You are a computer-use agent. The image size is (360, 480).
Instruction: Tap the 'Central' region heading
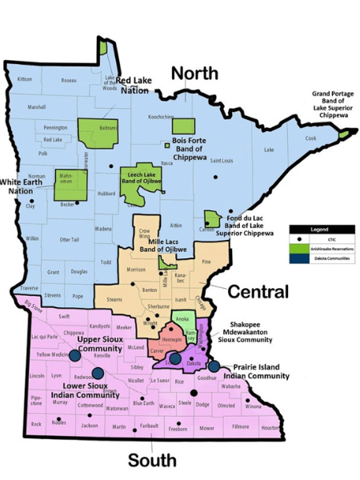(258, 291)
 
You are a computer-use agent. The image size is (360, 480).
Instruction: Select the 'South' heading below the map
(152, 460)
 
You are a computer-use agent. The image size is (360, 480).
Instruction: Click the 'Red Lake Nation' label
(134, 85)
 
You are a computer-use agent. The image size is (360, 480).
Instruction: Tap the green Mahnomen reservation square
(66, 184)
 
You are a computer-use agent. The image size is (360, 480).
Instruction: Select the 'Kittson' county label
(25, 79)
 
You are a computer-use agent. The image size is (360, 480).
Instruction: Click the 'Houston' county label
(270, 428)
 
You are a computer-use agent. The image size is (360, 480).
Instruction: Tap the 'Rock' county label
(36, 424)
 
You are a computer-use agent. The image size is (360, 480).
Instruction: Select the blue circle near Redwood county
(98, 373)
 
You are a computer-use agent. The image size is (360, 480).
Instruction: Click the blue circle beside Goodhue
(214, 366)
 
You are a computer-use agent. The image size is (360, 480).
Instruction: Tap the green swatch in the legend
(298, 249)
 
